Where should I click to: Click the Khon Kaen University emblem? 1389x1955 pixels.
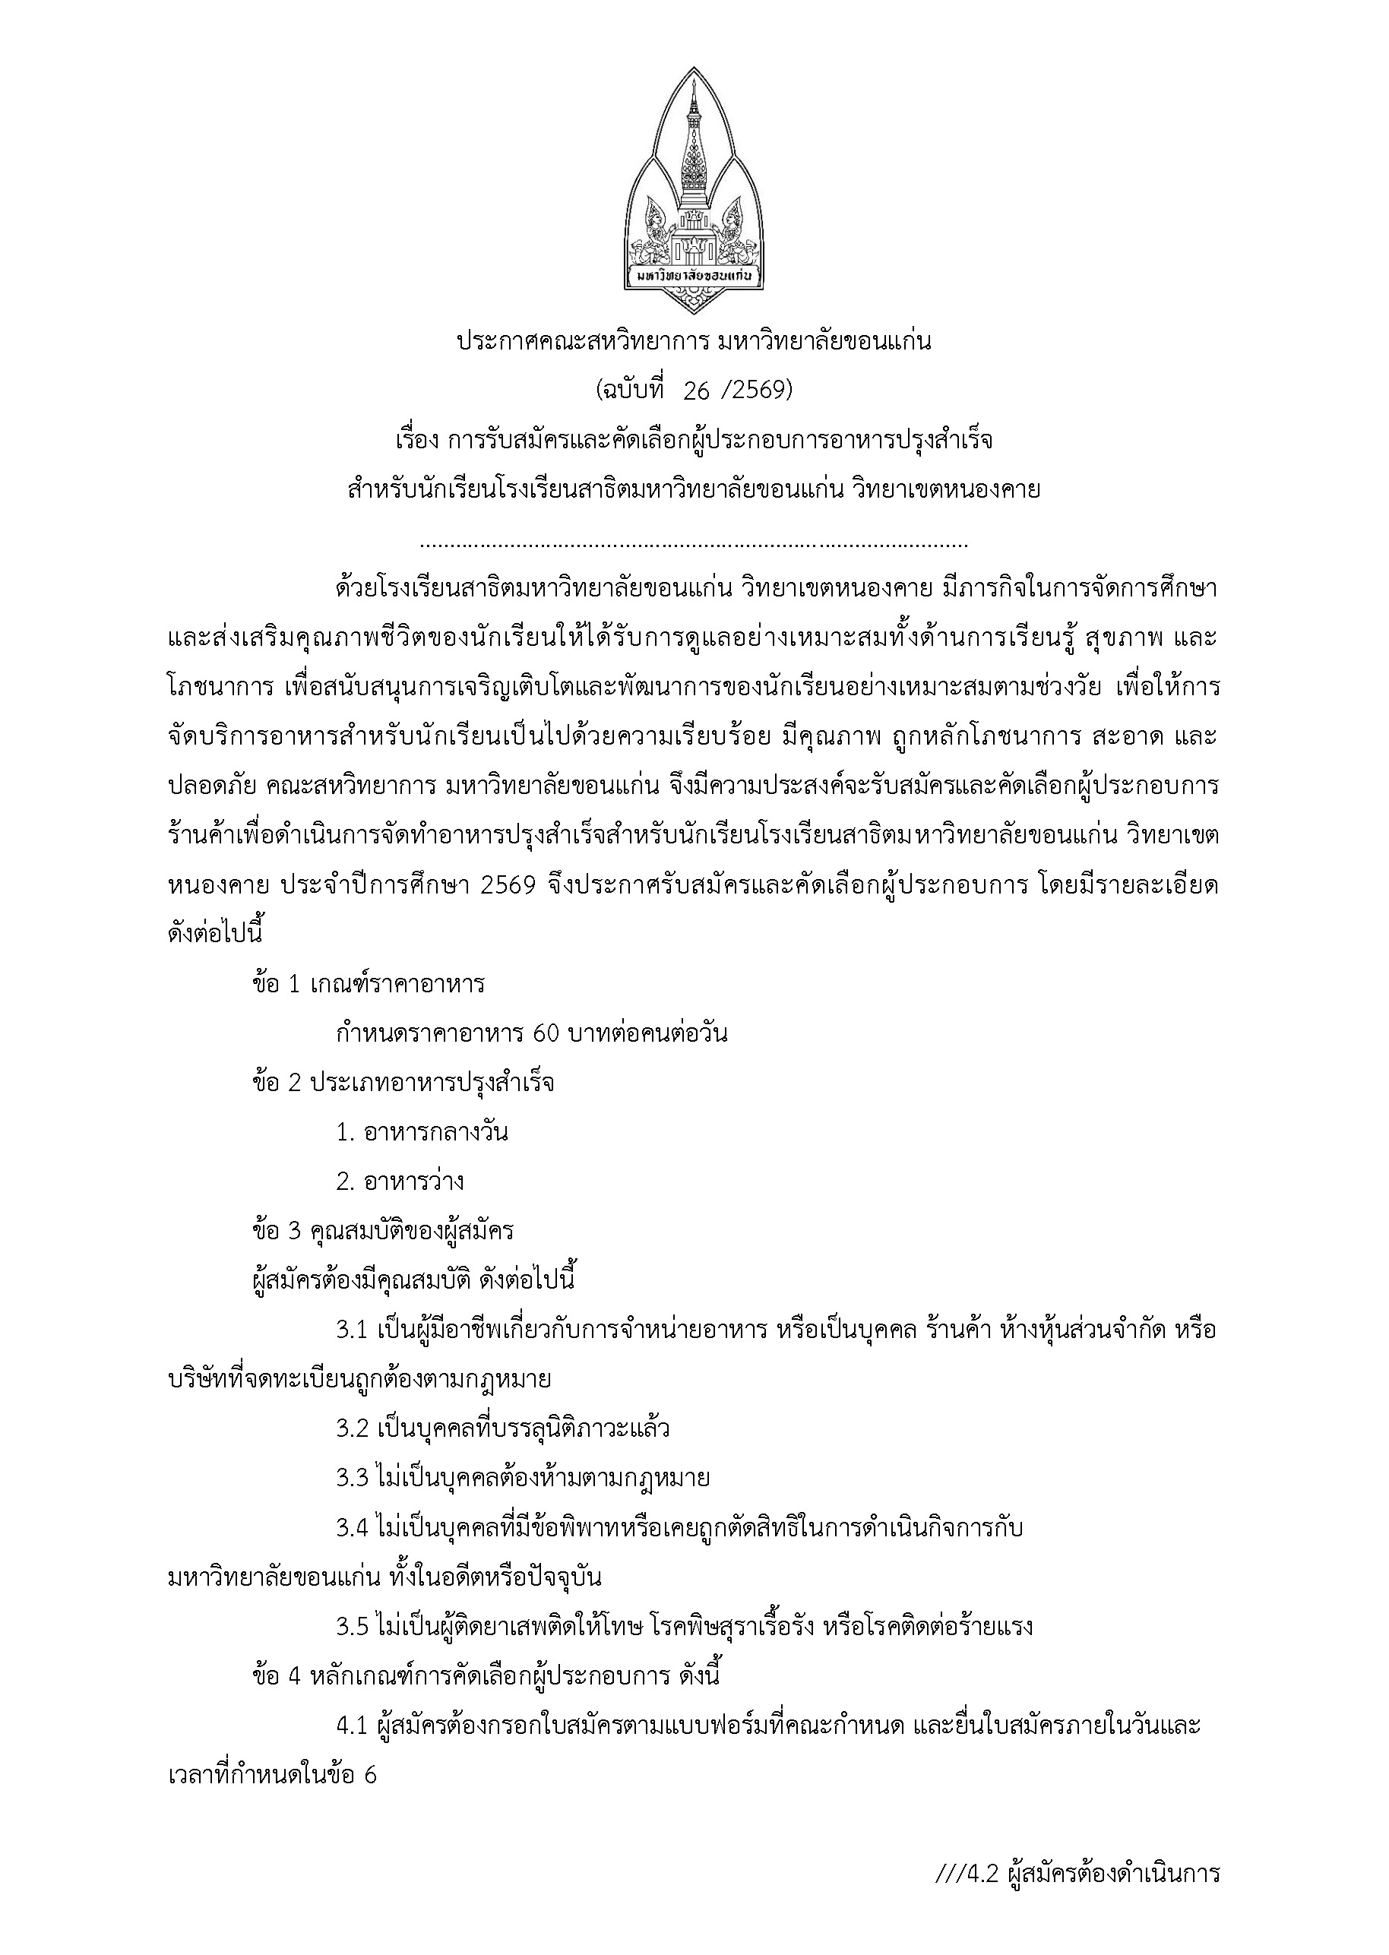[694, 191]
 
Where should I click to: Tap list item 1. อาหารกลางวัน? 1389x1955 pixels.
[422, 1133]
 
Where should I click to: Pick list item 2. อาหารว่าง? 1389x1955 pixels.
[400, 1182]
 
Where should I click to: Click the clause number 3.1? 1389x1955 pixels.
[351, 1330]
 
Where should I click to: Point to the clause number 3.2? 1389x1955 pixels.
[351, 1429]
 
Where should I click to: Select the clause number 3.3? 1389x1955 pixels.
[351, 1479]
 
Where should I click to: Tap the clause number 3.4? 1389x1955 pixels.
[351, 1528]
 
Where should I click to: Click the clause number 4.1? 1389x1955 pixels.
[351, 1726]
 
